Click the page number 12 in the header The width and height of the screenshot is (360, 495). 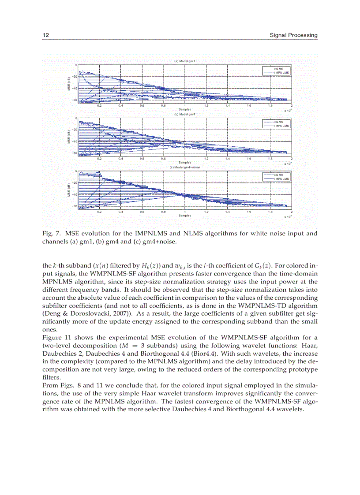pos(45,35)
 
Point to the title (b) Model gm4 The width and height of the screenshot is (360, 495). pos(185,114)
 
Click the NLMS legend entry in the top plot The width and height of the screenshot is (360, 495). pos(278,69)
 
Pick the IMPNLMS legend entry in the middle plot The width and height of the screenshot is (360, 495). pos(281,126)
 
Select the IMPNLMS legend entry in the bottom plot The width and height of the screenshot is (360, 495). pos(281,179)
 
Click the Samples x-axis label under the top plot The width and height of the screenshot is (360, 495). pos(185,109)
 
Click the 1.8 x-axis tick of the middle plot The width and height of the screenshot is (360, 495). pos(270,159)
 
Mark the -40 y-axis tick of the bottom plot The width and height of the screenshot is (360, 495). pos(75,194)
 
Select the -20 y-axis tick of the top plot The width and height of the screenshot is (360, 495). pos(75,77)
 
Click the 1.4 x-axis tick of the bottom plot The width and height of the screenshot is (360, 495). pos(228,212)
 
